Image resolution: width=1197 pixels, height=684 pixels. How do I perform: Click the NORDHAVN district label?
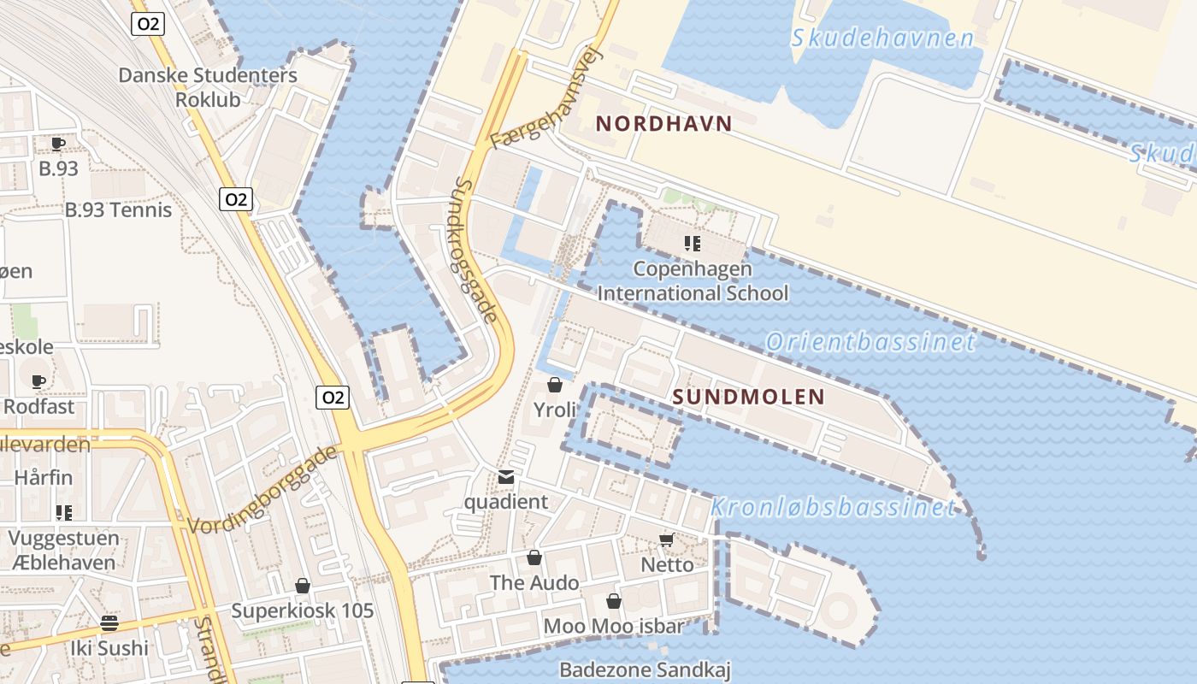[664, 123]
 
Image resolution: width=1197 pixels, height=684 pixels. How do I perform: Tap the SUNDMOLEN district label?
[748, 397]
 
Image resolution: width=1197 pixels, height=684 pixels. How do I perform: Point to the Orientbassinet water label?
[870, 342]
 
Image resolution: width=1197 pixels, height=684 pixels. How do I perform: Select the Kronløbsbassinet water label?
[833, 508]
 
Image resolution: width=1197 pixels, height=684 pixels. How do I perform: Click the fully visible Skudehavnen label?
[882, 38]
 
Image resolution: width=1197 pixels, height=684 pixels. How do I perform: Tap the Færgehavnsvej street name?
[547, 97]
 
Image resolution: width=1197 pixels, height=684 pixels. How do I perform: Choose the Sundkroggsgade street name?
[476, 250]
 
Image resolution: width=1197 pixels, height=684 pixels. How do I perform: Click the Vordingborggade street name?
[262, 490]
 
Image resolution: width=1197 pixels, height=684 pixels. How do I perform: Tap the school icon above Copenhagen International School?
[693, 244]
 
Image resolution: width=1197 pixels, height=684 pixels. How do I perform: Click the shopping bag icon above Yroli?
[555, 385]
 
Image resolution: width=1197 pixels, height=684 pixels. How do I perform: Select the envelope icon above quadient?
[506, 477]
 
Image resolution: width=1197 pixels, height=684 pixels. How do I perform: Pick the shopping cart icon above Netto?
[667, 540]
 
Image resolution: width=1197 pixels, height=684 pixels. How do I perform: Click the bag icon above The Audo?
[534, 558]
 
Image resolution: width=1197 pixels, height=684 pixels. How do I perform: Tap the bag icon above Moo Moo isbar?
[613, 601]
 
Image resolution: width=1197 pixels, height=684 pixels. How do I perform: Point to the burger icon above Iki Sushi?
[109, 622]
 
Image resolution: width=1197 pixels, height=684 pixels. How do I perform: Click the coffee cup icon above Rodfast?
[38, 381]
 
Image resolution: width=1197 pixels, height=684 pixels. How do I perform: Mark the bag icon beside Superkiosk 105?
[302, 586]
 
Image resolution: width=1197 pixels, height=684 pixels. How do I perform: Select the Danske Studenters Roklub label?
[208, 86]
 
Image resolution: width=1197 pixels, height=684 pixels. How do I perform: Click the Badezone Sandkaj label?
[645, 669]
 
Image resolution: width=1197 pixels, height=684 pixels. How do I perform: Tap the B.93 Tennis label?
[119, 209]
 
